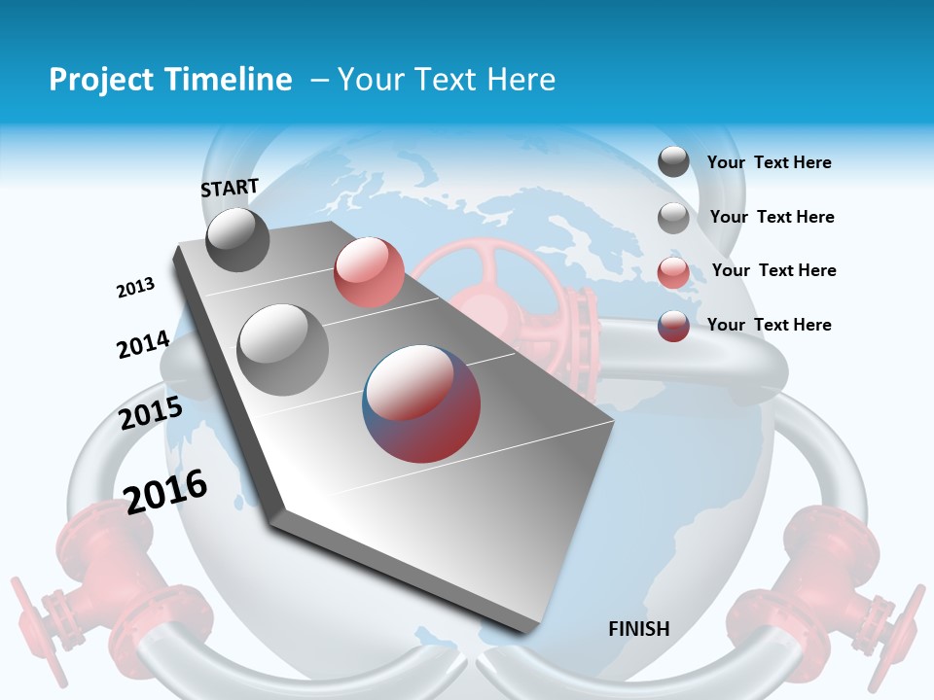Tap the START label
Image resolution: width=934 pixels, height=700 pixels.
230,188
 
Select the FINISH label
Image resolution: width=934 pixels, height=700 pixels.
639,629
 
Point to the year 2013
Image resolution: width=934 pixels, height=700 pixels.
136,288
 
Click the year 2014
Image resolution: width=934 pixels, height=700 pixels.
143,345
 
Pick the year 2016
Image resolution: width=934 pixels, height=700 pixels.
165,491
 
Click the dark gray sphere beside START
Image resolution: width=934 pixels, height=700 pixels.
237,239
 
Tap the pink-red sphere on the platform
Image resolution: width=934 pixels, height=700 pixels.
369,272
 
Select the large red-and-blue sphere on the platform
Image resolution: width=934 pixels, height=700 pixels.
421,403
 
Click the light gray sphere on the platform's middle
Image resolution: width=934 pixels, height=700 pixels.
282,349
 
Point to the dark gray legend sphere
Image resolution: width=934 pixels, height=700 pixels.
673,162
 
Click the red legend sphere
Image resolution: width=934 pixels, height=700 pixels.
673,272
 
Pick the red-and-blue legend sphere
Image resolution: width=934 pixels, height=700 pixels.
673,326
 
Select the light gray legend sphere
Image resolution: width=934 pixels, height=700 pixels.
673,218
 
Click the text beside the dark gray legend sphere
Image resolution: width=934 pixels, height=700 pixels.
769,163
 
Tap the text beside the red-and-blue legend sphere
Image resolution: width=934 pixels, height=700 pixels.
769,325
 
